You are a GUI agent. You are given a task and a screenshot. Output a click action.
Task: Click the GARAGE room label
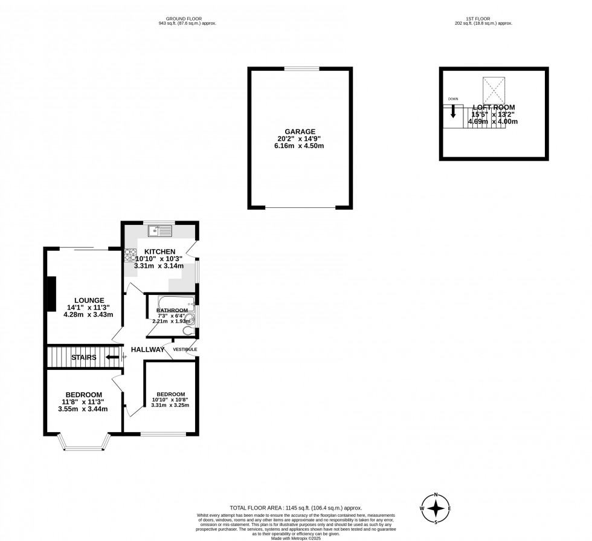[x=300, y=131]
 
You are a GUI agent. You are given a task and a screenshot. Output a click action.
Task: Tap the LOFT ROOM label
[x=494, y=107]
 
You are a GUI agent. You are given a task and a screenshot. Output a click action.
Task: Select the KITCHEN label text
[x=158, y=251]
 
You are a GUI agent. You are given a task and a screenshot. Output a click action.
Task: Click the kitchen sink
[x=161, y=230]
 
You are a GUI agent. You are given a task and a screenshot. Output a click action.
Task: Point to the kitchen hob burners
[x=130, y=254]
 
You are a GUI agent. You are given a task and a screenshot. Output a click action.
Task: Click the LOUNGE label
[x=89, y=300]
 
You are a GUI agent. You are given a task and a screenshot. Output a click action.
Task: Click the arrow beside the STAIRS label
[x=112, y=357]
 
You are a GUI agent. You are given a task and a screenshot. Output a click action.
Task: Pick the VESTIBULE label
[x=185, y=349]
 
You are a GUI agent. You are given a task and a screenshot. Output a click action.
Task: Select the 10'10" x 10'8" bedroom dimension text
[x=169, y=400]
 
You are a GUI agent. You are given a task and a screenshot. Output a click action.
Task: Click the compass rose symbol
[x=435, y=508]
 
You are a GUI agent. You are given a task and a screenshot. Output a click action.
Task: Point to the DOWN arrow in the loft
[x=453, y=113]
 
